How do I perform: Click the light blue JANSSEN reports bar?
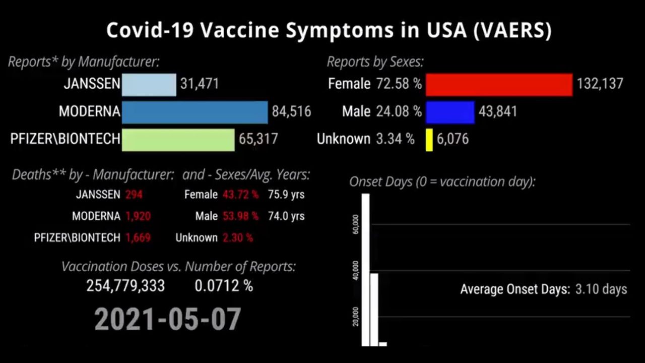[149, 85]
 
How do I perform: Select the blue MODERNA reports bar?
[195, 112]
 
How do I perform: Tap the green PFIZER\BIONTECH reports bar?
[178, 140]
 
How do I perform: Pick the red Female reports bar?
[499, 84]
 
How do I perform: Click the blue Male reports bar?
[450, 112]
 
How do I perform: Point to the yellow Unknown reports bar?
[429, 140]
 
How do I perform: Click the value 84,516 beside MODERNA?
[291, 111]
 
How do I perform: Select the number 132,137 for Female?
[600, 84]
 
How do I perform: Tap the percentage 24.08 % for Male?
[399, 111]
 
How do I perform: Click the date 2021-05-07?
[168, 319]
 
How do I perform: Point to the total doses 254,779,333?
[125, 286]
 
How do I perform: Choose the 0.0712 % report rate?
[224, 286]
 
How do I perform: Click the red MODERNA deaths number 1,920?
[138, 216]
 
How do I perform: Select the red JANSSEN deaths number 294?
[135, 195]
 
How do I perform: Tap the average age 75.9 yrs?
[286, 195]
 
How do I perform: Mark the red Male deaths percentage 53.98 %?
[240, 216]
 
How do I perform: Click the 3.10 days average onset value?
[601, 289]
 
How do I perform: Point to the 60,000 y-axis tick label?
[355, 224]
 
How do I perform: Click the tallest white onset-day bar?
[365, 270]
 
